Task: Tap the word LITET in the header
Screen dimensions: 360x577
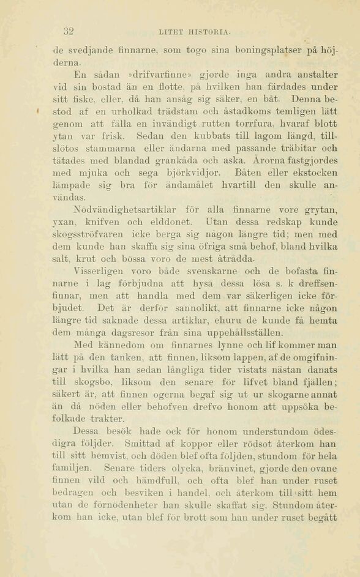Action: click(170, 32)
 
